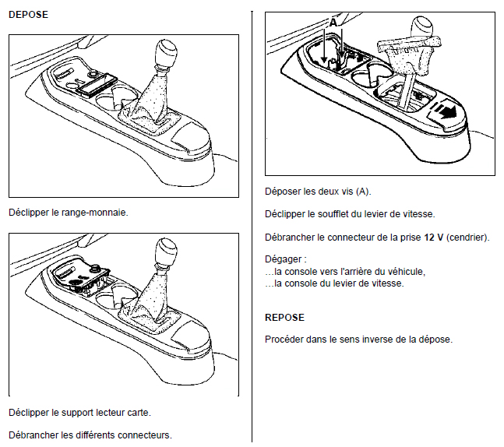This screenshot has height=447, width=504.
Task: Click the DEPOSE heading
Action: point(28,15)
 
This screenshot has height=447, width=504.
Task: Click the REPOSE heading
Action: point(284,318)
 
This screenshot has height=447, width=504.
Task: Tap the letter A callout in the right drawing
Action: point(333,23)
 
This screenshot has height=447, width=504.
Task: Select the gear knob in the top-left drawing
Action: point(166,52)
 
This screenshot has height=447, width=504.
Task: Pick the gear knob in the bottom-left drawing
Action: point(166,252)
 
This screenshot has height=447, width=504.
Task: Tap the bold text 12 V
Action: point(434,238)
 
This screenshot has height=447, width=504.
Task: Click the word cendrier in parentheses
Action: point(467,238)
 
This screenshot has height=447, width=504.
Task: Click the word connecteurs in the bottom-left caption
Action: point(145,435)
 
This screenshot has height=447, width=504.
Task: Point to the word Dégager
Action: point(284,259)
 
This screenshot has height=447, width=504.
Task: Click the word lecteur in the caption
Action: point(110,413)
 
